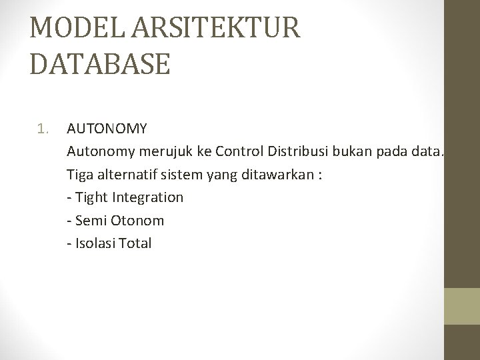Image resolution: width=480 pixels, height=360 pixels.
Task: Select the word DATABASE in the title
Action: [100, 65]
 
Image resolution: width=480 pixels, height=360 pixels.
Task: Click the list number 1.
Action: [43, 127]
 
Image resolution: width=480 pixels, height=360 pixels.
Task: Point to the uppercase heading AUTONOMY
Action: [107, 127]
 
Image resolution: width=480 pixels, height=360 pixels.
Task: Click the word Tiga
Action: [80, 174]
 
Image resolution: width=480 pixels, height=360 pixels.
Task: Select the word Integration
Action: [148, 197]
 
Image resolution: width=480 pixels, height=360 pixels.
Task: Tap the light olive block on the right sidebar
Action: [462, 306]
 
